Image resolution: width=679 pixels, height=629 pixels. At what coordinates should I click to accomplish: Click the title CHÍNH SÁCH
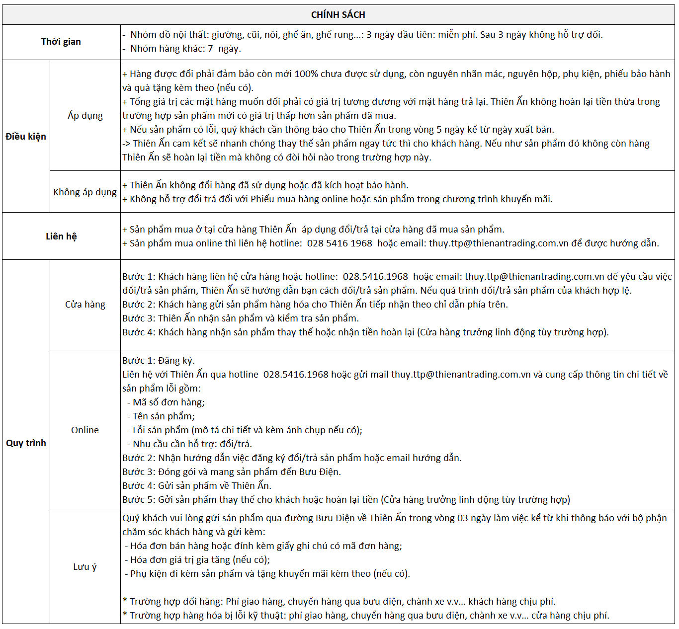(338, 15)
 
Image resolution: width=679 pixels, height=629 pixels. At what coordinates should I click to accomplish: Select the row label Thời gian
(61, 42)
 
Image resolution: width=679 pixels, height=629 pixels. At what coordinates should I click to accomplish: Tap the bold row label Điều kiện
(26, 137)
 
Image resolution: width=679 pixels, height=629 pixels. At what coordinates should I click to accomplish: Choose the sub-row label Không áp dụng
(85, 192)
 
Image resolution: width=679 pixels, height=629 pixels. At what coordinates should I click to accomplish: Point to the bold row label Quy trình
(26, 443)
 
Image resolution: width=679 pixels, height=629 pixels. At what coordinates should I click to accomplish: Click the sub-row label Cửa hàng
(85, 305)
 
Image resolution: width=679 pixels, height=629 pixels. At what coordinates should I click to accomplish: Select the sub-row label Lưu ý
(85, 567)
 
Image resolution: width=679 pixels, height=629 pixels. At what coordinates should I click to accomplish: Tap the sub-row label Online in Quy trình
(85, 430)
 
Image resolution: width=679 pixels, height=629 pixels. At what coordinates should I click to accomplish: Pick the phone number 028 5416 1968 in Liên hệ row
(339, 243)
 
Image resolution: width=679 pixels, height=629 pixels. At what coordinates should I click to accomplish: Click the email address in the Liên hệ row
(498, 243)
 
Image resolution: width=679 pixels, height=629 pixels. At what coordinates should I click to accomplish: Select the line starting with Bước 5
(346, 500)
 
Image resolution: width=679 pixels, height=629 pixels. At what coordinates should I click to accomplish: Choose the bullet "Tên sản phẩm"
(163, 416)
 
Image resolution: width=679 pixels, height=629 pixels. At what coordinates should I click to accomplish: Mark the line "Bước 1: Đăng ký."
(159, 361)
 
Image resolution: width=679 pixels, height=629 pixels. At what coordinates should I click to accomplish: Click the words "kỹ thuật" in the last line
(268, 616)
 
